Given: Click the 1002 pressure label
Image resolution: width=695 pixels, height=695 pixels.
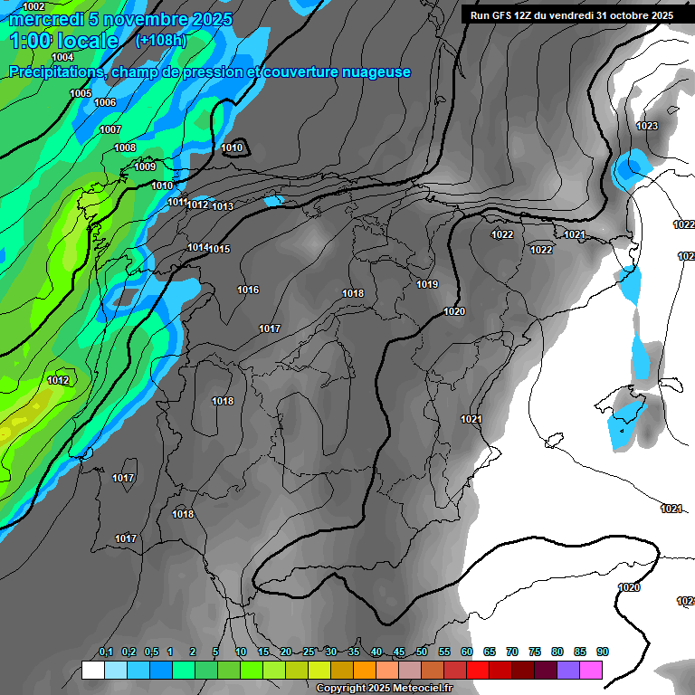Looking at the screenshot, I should click(33, 6).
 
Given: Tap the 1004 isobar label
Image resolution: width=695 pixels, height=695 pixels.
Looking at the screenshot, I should click(62, 57).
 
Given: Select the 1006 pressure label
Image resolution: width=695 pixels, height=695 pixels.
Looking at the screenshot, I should click(105, 102).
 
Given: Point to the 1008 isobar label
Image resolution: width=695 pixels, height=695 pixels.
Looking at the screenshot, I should click(125, 148).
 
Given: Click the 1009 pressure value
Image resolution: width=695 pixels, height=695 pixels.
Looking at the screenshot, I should click(145, 167).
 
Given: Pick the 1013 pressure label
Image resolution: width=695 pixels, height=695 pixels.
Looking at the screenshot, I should click(223, 206).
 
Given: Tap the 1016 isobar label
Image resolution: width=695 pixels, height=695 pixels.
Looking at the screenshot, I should click(248, 290).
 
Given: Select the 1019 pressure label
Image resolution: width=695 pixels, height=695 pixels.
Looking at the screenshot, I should click(427, 284).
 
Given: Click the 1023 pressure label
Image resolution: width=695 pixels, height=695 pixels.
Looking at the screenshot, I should click(647, 126).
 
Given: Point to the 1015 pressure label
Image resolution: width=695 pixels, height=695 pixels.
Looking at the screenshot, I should click(219, 249).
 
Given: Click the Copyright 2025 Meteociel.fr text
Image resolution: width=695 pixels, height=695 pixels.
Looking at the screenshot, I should click(384, 688).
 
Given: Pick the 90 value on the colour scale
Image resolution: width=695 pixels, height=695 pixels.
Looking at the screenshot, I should click(602, 652).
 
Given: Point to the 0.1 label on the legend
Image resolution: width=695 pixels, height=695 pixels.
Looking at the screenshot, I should click(105, 652).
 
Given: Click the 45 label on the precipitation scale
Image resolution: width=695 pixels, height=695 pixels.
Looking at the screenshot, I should click(399, 652).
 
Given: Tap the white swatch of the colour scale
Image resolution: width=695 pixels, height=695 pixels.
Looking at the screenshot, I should click(92, 670).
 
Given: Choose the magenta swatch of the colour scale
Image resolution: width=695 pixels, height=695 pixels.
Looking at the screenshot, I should click(591, 670).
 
